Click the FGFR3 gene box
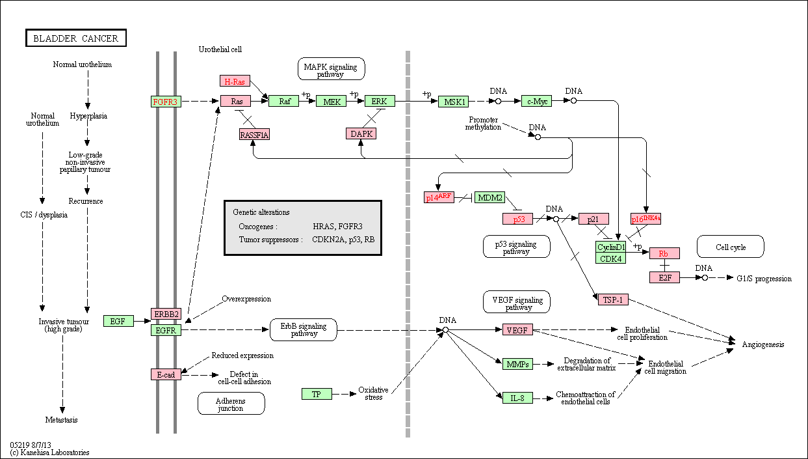pyautogui.click(x=166, y=102)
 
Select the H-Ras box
pyautogui.click(x=235, y=81)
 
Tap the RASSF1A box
pyautogui.click(x=254, y=135)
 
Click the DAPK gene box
pyautogui.click(x=361, y=133)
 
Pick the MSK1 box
pyautogui.click(x=454, y=102)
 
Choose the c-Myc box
pyautogui.click(x=537, y=101)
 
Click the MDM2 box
pyautogui.click(x=490, y=197)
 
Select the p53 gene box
pyautogui.click(x=517, y=219)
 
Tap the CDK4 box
pyautogui.click(x=610, y=258)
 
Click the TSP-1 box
pyautogui.click(x=613, y=299)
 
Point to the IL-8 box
pyautogui.click(x=517, y=398)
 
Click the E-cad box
pyautogui.click(x=166, y=374)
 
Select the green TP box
pyautogui.click(x=317, y=394)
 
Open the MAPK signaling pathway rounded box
pyautogui.click(x=331, y=68)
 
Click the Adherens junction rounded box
pyautogui.click(x=231, y=404)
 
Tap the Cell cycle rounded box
pyautogui.click(x=731, y=247)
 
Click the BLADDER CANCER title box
pyautogui.click(x=76, y=38)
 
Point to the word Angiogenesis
pyautogui.click(x=763, y=344)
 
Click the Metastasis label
pyautogui.click(x=61, y=419)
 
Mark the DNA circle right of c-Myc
pyautogui.click(x=573, y=100)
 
